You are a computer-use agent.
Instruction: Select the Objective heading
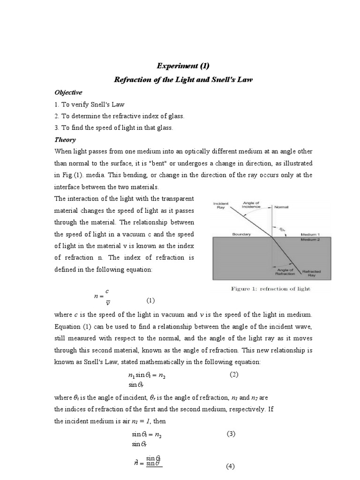click(68, 92)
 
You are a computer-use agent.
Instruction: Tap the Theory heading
click(65, 140)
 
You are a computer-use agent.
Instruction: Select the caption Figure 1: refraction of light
click(270, 289)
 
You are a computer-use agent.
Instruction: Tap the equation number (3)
click(231, 434)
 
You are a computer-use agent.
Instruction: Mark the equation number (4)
click(230, 466)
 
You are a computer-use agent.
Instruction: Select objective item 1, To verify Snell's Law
click(90, 105)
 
